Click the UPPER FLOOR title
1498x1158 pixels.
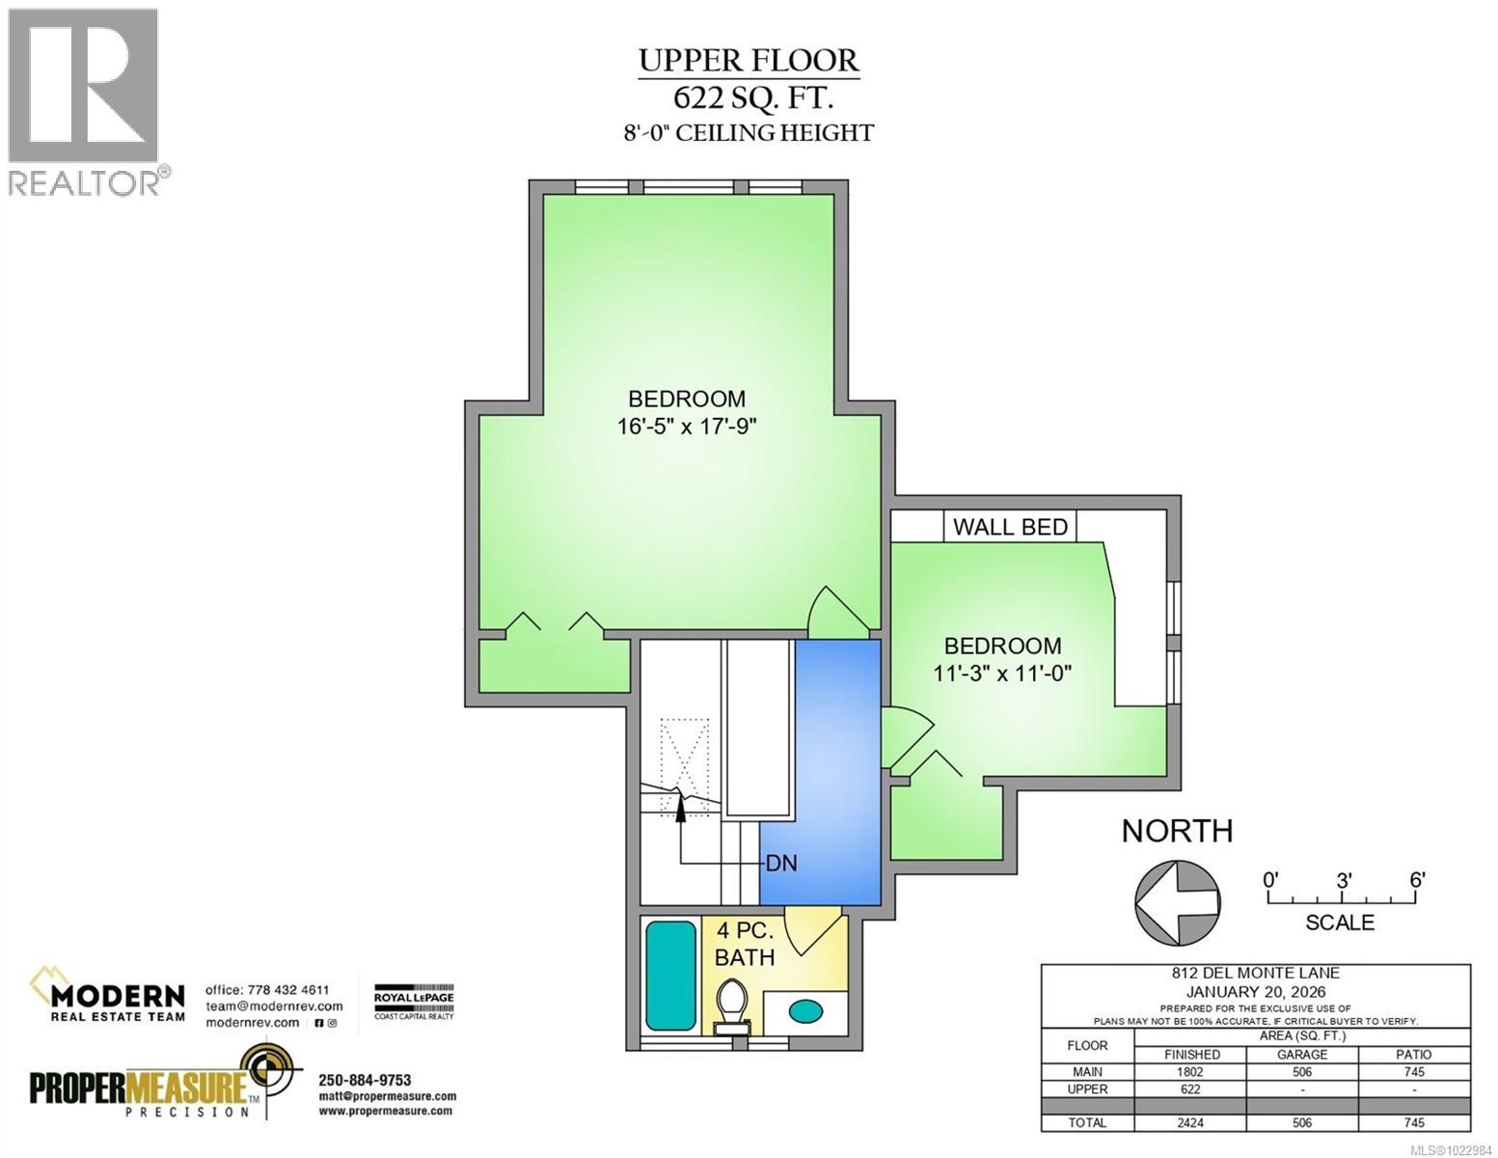click(749, 61)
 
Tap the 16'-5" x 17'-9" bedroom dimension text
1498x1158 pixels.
click(687, 427)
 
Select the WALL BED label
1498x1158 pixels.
click(1010, 528)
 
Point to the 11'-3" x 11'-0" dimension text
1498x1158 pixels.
click(1002, 673)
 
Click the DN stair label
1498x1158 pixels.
click(781, 863)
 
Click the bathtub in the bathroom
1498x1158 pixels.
click(670, 976)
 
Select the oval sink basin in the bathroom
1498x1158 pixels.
click(805, 1011)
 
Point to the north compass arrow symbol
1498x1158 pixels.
click(1178, 903)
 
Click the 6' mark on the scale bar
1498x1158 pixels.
click(1417, 880)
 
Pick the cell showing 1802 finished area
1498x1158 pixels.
click(1190, 1072)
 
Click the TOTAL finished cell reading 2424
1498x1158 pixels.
click(1190, 1123)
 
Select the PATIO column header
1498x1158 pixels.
click(1413, 1055)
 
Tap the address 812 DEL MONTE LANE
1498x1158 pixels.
click(1255, 973)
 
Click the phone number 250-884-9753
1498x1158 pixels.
click(365, 1080)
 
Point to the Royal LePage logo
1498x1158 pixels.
click(414, 1002)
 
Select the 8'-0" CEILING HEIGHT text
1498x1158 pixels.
click(749, 132)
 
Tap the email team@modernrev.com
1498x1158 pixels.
click(274, 1006)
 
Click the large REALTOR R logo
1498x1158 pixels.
click(83, 86)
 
